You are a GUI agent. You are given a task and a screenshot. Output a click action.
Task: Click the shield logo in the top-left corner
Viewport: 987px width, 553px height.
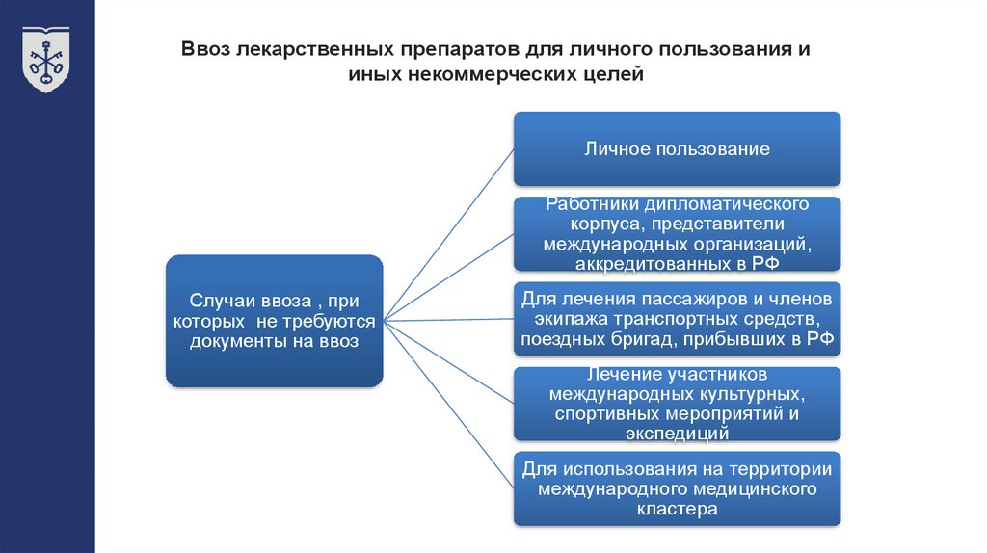coord(46,59)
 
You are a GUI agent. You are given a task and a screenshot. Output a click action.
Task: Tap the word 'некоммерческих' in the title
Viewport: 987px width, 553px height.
coord(489,74)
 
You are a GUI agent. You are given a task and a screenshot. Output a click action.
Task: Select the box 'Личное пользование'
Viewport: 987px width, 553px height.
coord(676,148)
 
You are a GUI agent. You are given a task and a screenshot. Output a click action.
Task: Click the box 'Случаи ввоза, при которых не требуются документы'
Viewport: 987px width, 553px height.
coord(274,321)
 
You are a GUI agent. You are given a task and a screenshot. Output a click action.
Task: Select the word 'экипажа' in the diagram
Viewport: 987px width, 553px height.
coord(558,318)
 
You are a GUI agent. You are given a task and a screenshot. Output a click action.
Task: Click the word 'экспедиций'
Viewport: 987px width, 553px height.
coord(677,434)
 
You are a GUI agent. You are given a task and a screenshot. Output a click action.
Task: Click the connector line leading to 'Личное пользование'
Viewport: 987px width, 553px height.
coord(448,232)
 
